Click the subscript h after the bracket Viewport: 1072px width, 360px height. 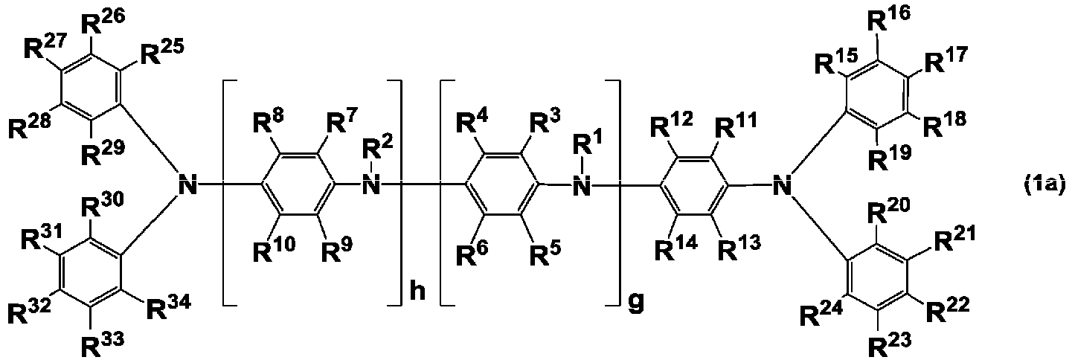418,291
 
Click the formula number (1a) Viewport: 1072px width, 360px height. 1044,184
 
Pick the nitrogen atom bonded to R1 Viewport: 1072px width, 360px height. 582,184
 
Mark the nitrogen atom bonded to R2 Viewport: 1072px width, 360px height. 371,184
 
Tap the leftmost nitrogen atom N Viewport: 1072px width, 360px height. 187,184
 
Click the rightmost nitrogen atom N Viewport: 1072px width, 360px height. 783,184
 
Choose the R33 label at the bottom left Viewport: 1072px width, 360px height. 102,342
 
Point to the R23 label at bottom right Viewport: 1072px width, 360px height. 889,342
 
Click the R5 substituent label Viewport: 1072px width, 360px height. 545,250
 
